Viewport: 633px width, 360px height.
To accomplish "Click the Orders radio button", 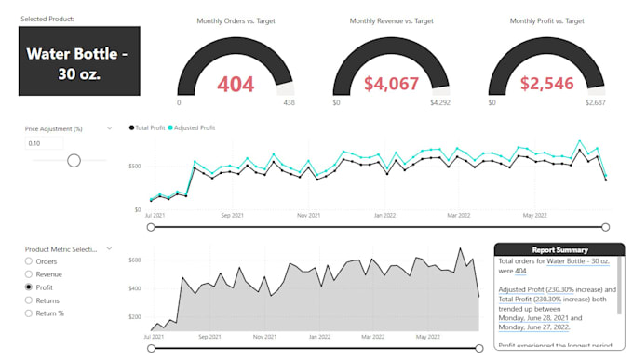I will click(x=28, y=261).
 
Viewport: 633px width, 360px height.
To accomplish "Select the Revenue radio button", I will click(x=28, y=274).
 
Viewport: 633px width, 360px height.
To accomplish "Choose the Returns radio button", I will click(x=28, y=300).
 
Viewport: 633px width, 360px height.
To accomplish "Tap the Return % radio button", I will click(x=28, y=313).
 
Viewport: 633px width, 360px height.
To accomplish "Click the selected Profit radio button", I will click(x=28, y=287).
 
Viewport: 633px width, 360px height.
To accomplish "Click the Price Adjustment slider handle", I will click(x=74, y=160).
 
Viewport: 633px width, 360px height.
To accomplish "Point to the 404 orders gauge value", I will click(x=236, y=85).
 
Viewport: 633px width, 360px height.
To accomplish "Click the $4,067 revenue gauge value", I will click(x=391, y=85).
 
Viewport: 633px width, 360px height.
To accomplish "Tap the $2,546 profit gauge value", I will click(x=546, y=85).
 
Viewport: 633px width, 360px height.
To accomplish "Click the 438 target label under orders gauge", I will click(x=288, y=103).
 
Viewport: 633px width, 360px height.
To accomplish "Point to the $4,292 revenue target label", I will click(x=439, y=103).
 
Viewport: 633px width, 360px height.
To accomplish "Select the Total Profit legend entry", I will click(x=149, y=127).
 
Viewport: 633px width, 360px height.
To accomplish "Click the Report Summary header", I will click(x=559, y=249).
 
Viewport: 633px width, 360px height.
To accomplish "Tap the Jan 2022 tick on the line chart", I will click(x=385, y=215).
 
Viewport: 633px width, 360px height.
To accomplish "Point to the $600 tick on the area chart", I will click(x=135, y=260).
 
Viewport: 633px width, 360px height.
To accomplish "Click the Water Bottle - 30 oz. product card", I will click(x=79, y=61).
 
